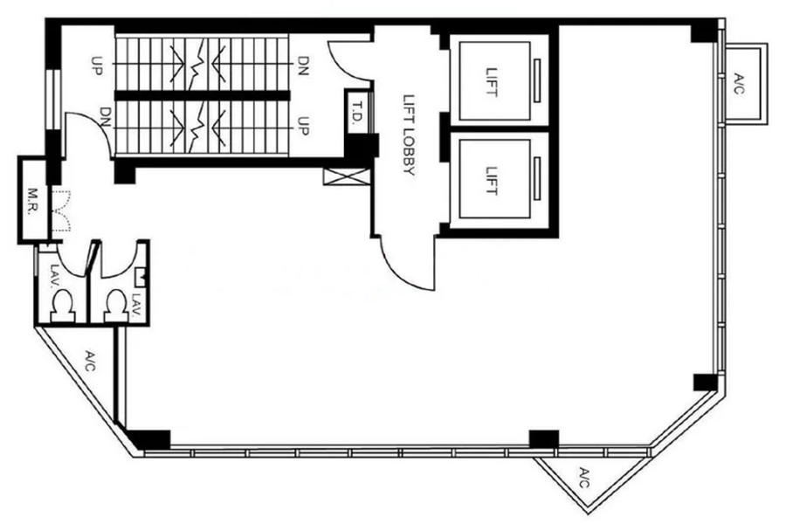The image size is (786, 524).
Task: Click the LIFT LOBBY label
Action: (410, 135)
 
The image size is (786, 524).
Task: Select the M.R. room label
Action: (32, 201)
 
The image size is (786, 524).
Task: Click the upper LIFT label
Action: (492, 82)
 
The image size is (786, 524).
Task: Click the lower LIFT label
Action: (492, 181)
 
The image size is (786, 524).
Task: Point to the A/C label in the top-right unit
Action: (740, 84)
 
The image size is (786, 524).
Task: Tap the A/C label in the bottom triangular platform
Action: (584, 478)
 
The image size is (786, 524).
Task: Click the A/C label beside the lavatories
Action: (90, 361)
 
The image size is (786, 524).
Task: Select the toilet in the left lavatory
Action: (63, 306)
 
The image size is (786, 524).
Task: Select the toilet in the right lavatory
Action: (116, 305)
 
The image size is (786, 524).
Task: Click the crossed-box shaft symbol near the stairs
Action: (347, 177)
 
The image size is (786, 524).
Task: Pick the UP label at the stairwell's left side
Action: (97, 65)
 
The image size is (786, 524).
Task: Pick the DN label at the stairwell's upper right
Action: (303, 65)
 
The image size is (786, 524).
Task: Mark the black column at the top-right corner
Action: (704, 31)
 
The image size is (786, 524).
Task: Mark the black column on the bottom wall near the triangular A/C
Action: (544, 438)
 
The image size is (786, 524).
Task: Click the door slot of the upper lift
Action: (537, 80)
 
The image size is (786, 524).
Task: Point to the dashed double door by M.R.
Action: (61, 210)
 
